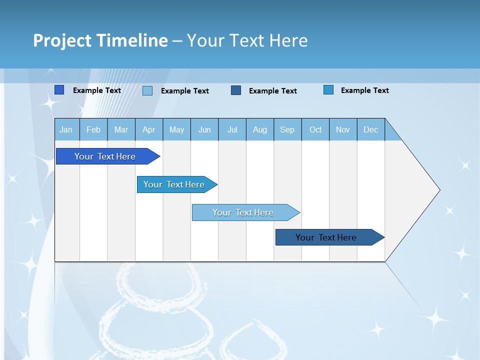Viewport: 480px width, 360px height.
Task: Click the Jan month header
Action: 66,129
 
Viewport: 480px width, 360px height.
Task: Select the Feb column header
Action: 93,129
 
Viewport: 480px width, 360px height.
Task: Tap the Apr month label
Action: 149,129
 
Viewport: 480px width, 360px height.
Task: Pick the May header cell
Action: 176,129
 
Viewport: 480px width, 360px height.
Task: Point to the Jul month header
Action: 232,129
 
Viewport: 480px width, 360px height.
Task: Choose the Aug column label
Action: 260,129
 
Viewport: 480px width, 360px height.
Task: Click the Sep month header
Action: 287,129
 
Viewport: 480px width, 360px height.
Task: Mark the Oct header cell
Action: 315,129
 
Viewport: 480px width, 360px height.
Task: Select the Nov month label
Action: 343,129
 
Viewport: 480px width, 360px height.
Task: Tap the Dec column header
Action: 371,129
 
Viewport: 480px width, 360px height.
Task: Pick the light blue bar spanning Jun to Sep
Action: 243,212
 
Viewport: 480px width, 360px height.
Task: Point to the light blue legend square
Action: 147,90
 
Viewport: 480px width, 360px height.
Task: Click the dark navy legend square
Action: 236,90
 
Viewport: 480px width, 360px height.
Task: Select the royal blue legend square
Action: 59,90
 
